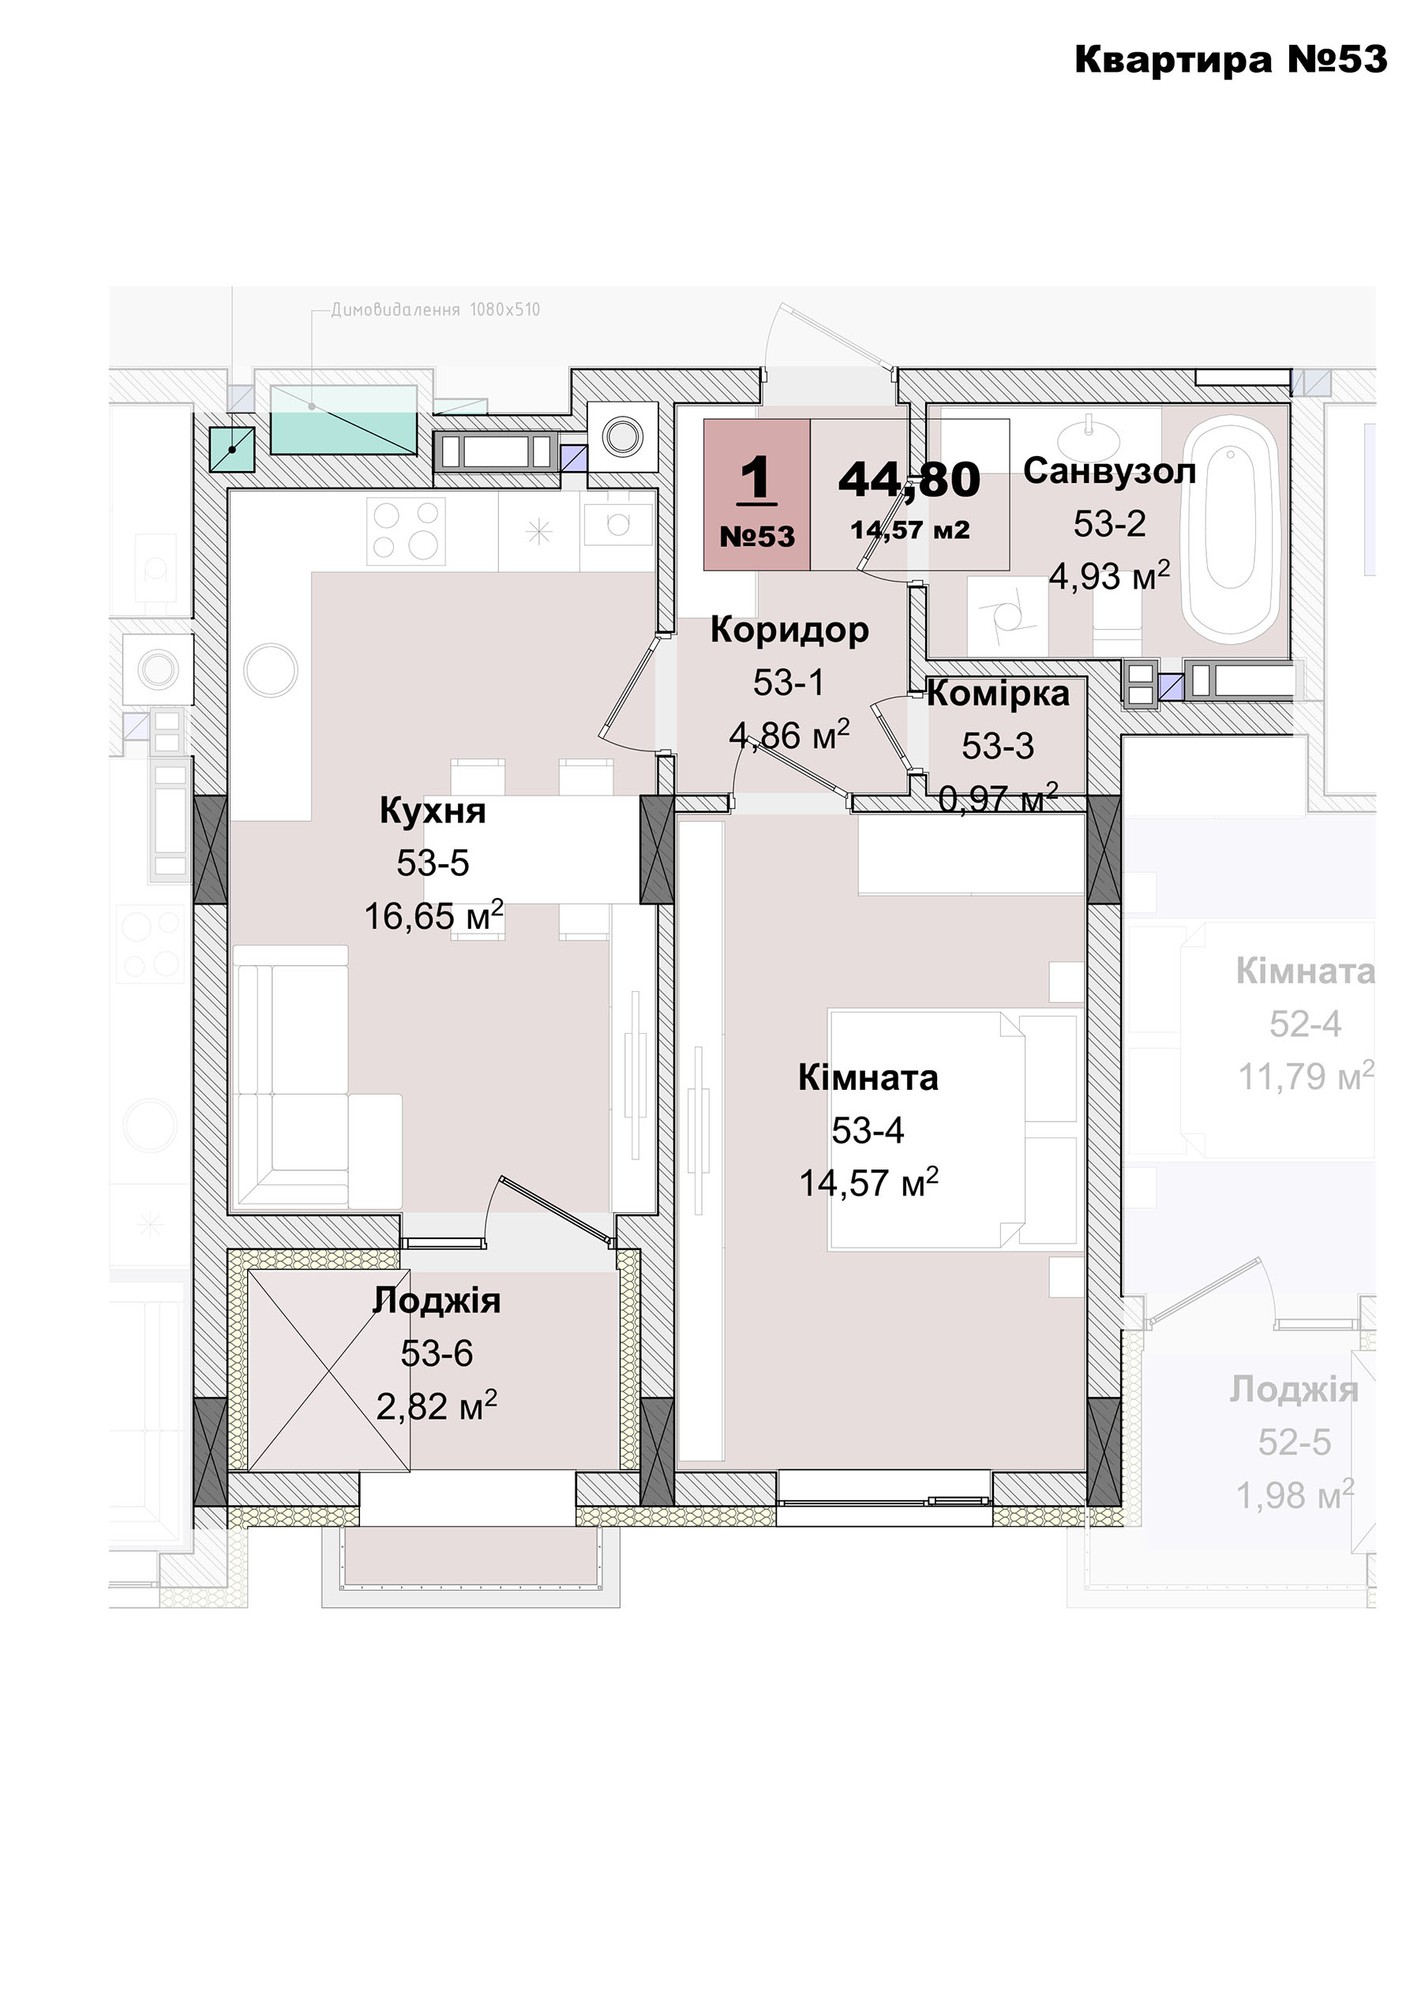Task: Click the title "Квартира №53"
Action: (1230, 59)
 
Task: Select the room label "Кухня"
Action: (433, 810)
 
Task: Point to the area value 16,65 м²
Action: (433, 915)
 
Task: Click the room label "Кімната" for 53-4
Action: (868, 1078)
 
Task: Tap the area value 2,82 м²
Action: (436, 1406)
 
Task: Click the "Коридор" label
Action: (789, 630)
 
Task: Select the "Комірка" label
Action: (998, 694)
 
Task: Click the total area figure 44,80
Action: (909, 480)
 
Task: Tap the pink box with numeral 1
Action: (756, 495)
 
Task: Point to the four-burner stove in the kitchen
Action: (405, 529)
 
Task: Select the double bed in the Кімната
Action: (953, 1129)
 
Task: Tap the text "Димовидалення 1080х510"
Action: (435, 310)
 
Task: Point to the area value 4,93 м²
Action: (1109, 576)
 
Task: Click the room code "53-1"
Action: (789, 683)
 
